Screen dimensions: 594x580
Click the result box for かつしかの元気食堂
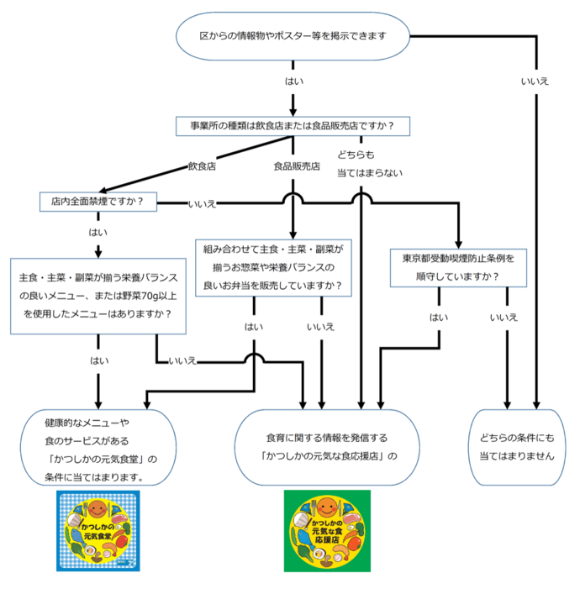(98, 447)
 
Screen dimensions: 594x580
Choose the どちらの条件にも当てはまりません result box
(517, 447)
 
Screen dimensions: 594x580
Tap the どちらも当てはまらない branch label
(370, 164)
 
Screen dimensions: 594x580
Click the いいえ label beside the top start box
(535, 81)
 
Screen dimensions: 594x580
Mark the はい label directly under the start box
(294, 82)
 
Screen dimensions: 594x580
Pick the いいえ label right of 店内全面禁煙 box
(203, 203)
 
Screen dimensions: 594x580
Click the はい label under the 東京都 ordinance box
(439, 317)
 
